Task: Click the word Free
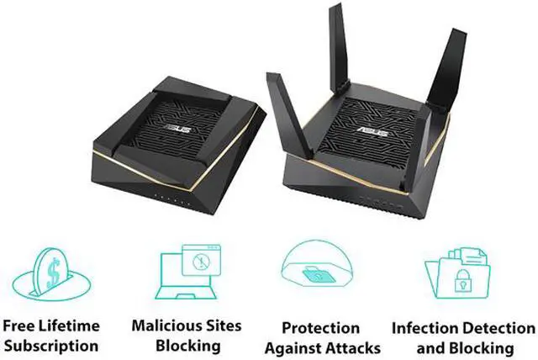(x=22, y=326)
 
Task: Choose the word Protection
(x=319, y=328)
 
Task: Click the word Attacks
(x=354, y=347)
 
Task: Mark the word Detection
(x=497, y=328)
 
